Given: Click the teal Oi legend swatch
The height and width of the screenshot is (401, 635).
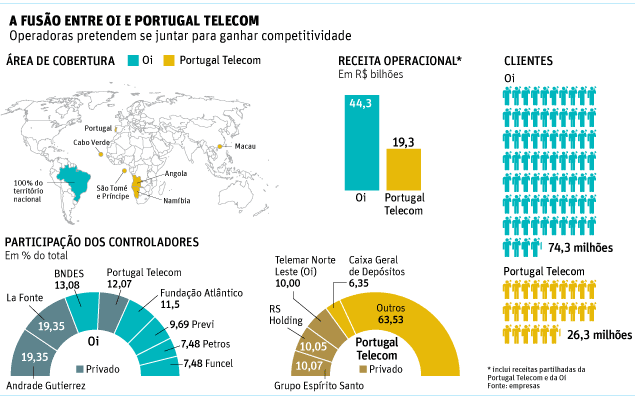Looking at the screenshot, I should tap(132, 62).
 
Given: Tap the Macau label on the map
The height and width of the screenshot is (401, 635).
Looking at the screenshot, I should tap(244, 146).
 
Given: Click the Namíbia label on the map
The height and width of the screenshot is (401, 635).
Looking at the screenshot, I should tap(176, 201).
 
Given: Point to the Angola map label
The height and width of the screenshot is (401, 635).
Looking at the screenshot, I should tap(176, 173).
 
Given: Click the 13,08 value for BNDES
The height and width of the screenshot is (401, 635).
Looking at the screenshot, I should tap(67, 285).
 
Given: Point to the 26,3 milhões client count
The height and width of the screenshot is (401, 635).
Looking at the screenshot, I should tap(599, 335).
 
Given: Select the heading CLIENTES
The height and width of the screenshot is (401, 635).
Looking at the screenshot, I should tap(529, 61).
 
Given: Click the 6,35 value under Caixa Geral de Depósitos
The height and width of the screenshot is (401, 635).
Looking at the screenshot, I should tap(359, 283).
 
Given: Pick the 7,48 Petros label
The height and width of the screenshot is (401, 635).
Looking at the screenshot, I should tap(198, 343).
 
